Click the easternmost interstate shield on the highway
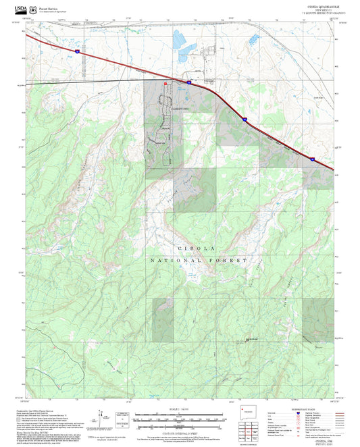pyautogui.click(x=313, y=159)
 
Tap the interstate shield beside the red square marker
pyautogui.click(x=189, y=82)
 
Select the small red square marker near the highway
pyautogui.click(x=165, y=82)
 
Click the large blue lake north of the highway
pyautogui.click(x=180, y=41)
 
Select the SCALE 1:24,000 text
pyautogui.click(x=180, y=409)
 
